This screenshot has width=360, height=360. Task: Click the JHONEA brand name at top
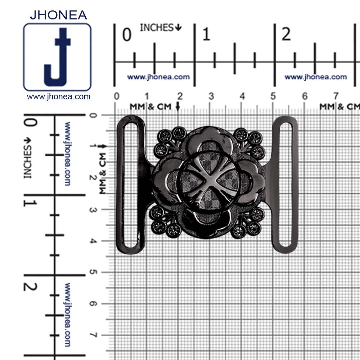point(58,15)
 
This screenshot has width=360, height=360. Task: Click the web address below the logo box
point(59,96)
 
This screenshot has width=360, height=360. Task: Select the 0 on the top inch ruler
point(127,35)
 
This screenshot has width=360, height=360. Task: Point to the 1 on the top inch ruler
point(206,35)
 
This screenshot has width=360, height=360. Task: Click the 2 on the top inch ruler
point(286,35)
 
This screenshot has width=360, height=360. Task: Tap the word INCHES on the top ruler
point(157,28)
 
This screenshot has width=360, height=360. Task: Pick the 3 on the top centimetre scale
point(211,96)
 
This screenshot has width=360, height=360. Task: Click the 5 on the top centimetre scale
point(273,96)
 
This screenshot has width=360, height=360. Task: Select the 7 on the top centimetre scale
point(336,96)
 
